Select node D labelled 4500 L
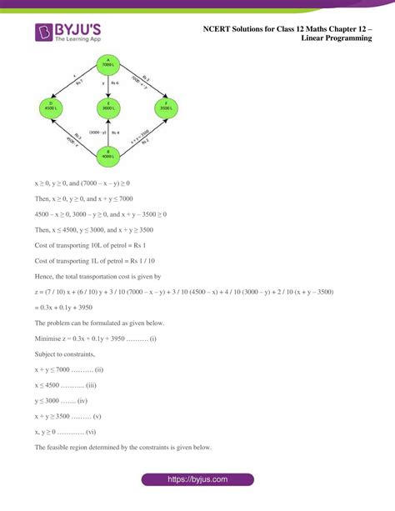pos(50,108)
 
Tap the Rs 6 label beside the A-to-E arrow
pos(115,84)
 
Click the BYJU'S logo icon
pos(44,33)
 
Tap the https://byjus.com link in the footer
pos(197,480)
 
